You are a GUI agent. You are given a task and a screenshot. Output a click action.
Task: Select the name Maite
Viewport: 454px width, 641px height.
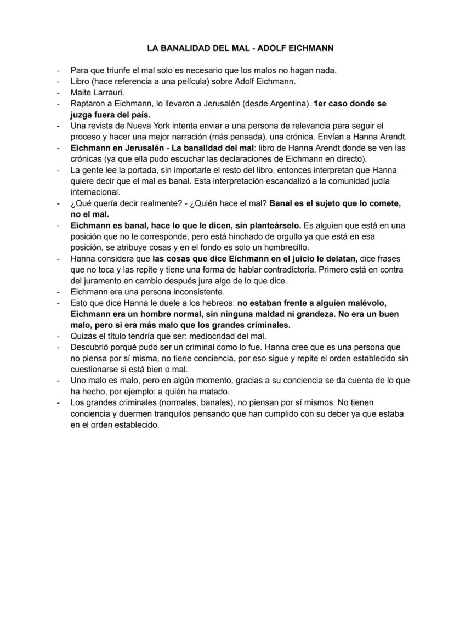click(81, 93)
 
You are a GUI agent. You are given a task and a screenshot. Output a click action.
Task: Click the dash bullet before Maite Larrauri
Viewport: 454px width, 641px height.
click(59, 93)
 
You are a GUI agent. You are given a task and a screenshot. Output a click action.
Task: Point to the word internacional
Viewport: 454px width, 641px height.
click(95, 192)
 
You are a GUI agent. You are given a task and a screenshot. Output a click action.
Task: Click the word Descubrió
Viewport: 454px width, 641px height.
click(90, 347)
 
